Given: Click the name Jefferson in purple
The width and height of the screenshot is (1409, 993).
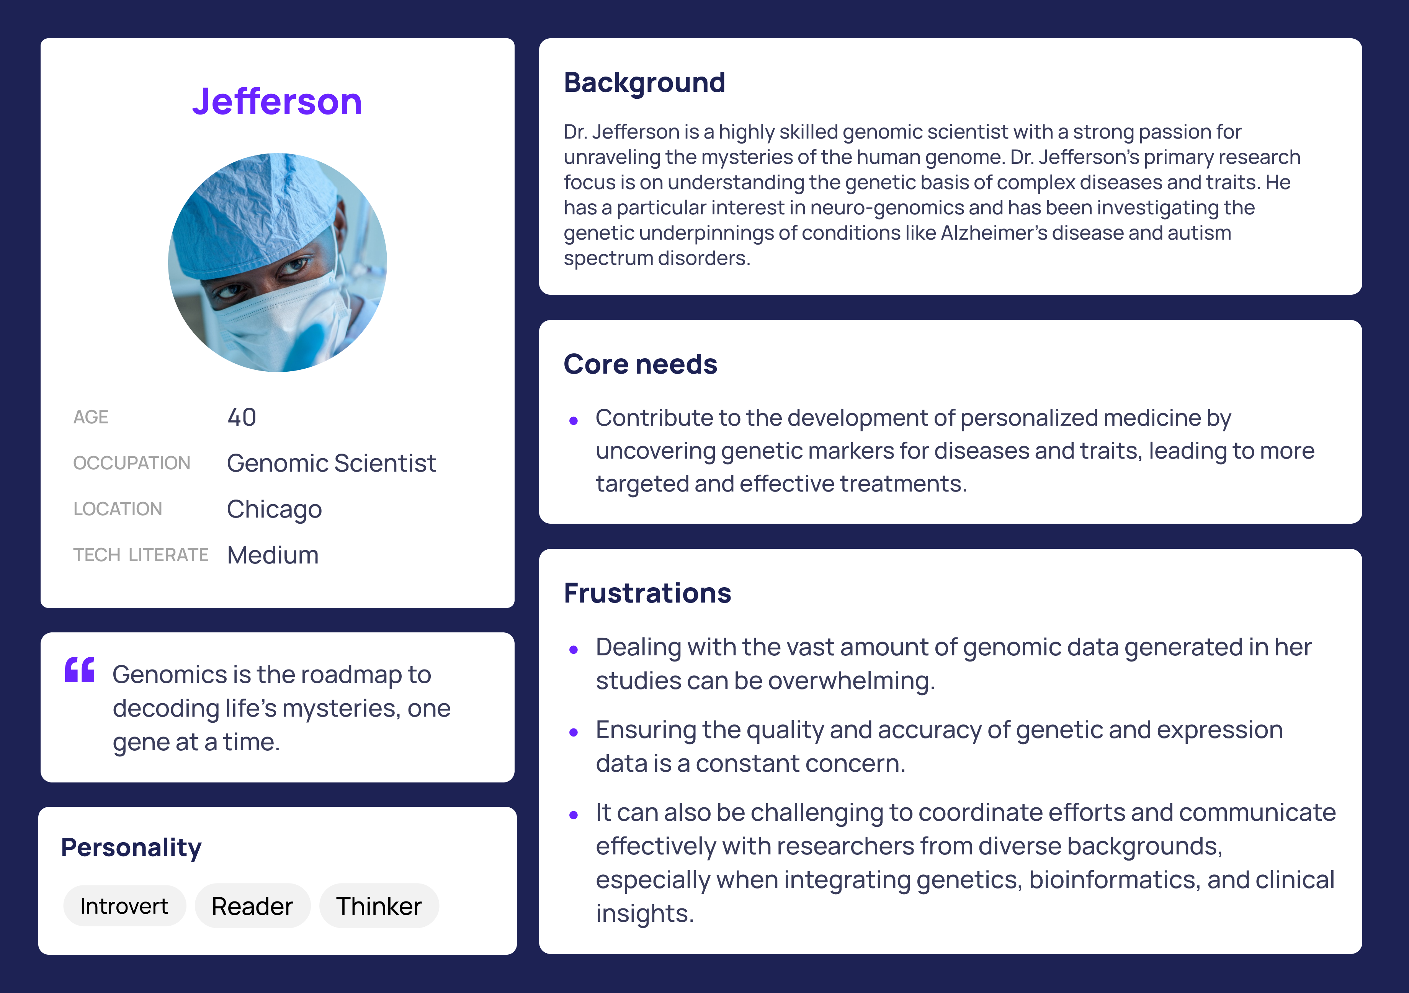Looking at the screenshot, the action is click(277, 101).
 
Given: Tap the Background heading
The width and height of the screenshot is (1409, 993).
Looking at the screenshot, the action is click(644, 82).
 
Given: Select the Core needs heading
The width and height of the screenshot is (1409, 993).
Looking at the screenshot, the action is click(640, 364).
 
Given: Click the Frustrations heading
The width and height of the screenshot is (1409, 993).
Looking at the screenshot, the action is click(647, 593).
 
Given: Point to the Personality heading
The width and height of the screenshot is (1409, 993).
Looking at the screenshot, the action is click(131, 848).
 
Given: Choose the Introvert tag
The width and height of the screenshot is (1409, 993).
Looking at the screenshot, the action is click(124, 906).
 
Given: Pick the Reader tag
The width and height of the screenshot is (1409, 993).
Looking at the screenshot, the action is click(252, 906).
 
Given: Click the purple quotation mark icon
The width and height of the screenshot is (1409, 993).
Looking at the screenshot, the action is click(80, 670).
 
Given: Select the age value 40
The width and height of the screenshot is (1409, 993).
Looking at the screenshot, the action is click(242, 417).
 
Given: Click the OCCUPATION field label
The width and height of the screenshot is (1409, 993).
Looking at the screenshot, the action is click(132, 463).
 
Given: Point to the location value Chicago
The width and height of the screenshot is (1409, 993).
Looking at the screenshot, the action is click(274, 510).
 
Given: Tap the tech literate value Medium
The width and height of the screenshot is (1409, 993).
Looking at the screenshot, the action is click(273, 555).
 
